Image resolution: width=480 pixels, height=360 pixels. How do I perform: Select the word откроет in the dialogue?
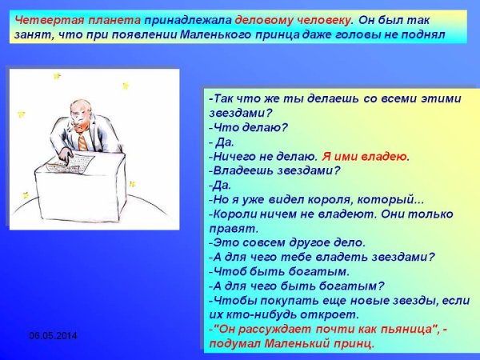pyautogui.click(x=322, y=314)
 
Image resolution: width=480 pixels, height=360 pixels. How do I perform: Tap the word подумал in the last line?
pyautogui.click(x=232, y=343)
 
